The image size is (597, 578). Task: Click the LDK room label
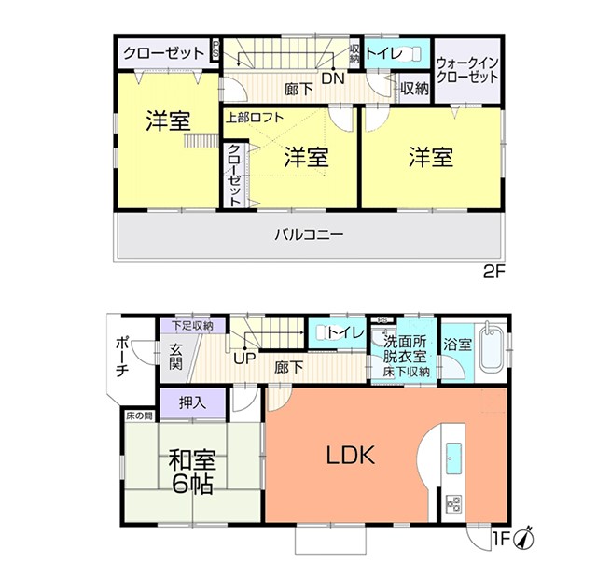click(x=351, y=455)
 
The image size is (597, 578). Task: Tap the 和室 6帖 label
click(x=192, y=472)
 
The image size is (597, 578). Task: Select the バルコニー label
click(x=309, y=234)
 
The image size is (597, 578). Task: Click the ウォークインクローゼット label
click(x=467, y=70)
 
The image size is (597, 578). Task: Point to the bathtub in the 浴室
click(x=492, y=348)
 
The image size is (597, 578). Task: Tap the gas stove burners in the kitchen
click(x=454, y=504)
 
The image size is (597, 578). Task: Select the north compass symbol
click(x=524, y=539)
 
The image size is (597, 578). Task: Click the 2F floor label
click(x=493, y=273)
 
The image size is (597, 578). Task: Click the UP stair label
click(x=244, y=359)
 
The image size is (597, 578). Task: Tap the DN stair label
click(x=333, y=78)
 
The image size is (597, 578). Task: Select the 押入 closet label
click(x=193, y=402)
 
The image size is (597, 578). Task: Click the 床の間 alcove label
click(x=139, y=416)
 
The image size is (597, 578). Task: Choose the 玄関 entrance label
click(x=175, y=357)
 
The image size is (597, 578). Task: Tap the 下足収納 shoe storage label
click(x=192, y=326)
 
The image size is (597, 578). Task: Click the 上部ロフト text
click(x=255, y=118)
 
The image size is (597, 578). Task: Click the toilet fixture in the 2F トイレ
click(x=410, y=53)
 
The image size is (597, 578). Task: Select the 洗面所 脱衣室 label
click(x=405, y=348)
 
